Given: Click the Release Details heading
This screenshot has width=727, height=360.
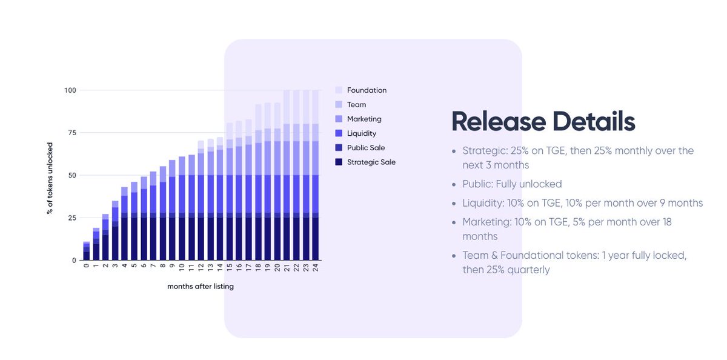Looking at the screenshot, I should (543, 122).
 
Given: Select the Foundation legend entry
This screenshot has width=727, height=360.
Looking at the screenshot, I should (367, 90).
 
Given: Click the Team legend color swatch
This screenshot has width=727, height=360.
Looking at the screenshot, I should (339, 105).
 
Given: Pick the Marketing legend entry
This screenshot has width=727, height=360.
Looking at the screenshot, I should (364, 119).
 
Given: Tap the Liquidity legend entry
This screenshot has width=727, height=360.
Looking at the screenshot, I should (362, 133).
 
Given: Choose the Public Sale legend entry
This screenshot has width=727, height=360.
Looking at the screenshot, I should (366, 148).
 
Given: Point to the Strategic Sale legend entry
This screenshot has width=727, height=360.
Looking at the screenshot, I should (371, 162).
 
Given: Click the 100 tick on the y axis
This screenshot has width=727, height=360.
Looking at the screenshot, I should (70, 90).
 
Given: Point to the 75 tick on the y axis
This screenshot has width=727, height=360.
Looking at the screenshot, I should (72, 133).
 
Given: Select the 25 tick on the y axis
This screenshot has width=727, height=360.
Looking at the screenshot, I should (72, 218).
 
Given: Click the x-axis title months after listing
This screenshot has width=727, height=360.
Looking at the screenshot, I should (201, 287).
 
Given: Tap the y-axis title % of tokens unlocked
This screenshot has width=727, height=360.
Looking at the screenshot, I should (50, 175).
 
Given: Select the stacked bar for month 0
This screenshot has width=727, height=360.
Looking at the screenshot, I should (87, 251).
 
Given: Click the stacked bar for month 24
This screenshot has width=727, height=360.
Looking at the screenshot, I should (315, 175).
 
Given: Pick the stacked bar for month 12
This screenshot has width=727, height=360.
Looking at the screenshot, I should (201, 201).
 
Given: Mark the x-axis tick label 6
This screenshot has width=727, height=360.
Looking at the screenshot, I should (144, 267).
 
